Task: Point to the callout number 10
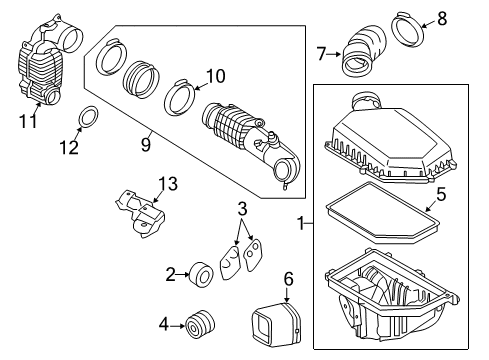[x=215, y=75]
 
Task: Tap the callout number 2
[x=169, y=271]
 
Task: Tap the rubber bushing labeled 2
[x=201, y=272]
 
